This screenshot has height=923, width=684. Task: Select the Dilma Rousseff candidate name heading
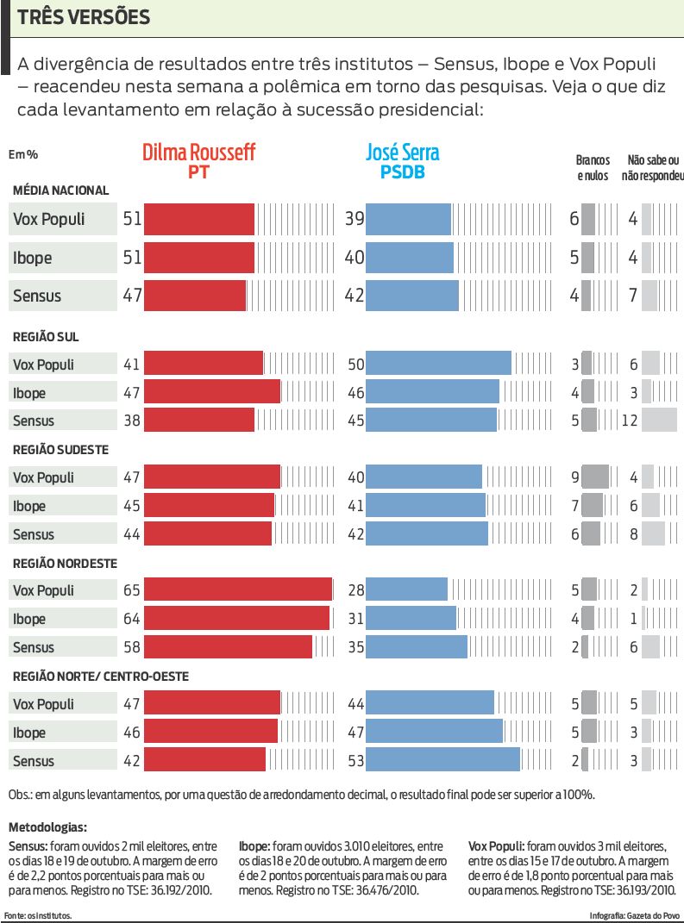point(198,153)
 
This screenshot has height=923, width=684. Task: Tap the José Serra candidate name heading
point(403,153)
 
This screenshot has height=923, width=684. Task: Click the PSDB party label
point(403,172)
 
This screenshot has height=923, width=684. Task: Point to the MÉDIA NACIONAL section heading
point(60,190)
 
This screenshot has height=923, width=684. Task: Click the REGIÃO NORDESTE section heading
point(65,563)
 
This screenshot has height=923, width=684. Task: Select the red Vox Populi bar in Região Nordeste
point(238,590)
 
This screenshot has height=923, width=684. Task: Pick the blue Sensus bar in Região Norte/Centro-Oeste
point(442,760)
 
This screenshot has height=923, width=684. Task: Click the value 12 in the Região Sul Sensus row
point(630,421)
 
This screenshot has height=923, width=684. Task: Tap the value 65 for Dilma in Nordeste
point(131,590)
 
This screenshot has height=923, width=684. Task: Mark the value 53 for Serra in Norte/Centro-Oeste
point(354,760)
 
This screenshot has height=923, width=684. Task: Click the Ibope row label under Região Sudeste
point(29,506)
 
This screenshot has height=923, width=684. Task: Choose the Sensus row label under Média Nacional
point(37,296)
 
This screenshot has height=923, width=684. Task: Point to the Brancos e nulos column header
point(593,167)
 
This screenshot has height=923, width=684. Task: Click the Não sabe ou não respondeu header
point(655,167)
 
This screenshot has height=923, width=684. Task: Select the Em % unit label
point(23,154)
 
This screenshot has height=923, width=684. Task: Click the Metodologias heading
point(47,827)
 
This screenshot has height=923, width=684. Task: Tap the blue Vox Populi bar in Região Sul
point(438,364)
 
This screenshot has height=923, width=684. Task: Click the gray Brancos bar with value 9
point(595,477)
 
